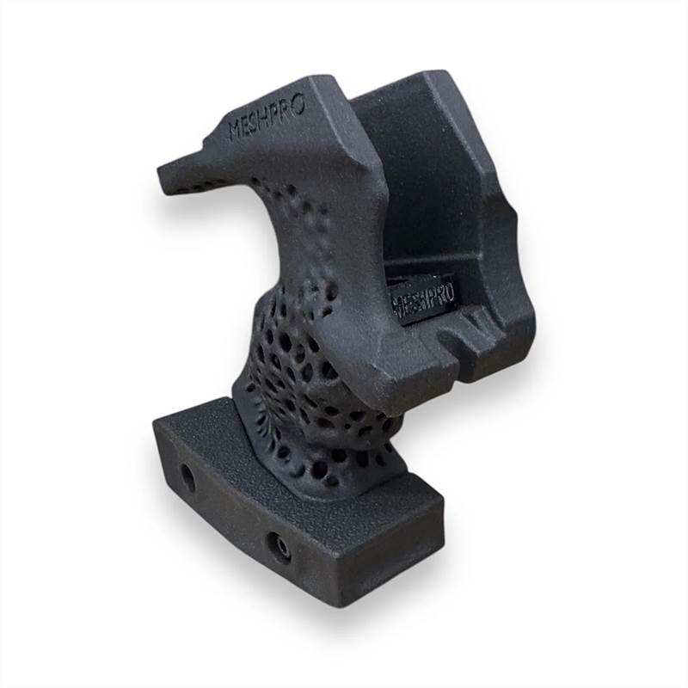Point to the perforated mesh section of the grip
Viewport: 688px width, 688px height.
[x=297, y=361]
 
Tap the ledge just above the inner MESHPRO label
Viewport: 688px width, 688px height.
[x=421, y=268]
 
